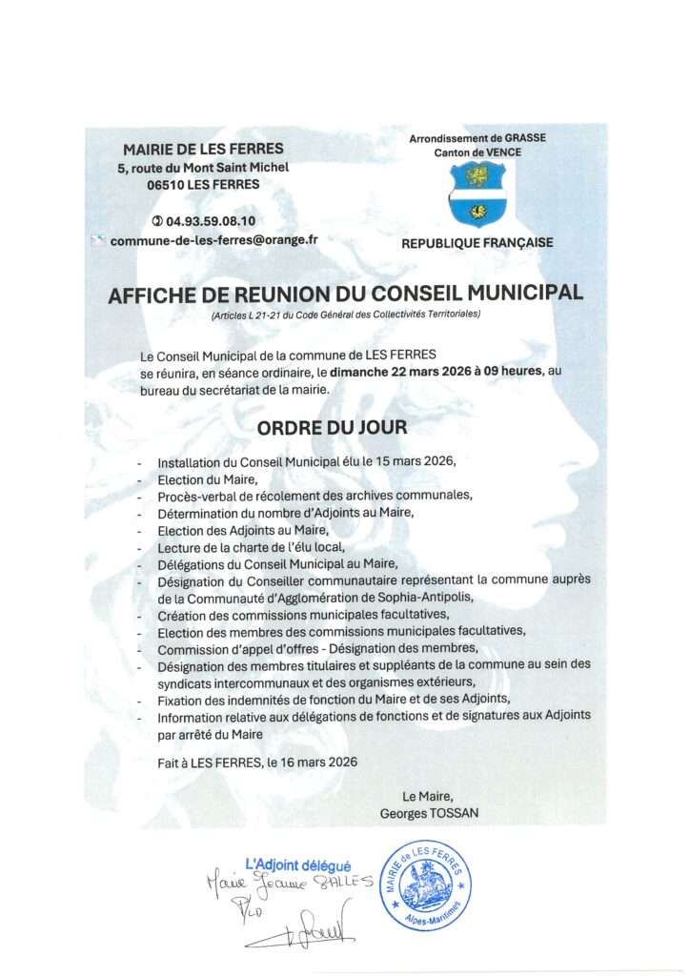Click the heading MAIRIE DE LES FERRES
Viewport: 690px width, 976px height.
203,149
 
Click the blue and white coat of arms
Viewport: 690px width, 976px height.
477,193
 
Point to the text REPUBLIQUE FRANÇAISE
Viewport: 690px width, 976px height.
477,243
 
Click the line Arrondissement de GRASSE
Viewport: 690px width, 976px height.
477,138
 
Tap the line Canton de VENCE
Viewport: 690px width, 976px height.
477,152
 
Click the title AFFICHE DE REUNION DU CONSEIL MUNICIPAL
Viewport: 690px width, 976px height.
345,295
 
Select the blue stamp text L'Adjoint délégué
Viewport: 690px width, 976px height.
297,864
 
